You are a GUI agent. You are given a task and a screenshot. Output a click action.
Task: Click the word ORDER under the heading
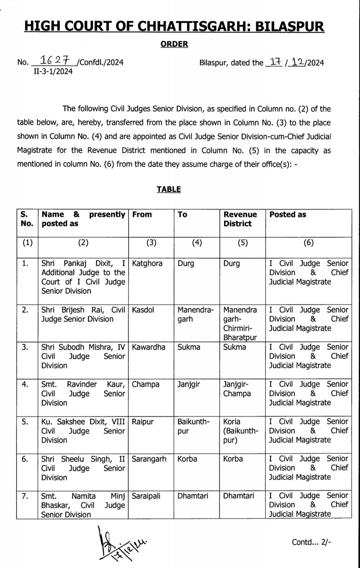(x=174, y=44)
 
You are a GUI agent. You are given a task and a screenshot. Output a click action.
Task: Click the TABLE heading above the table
(x=169, y=189)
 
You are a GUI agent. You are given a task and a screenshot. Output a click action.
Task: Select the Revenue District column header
(x=240, y=219)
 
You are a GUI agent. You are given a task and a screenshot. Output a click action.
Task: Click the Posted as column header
(x=288, y=215)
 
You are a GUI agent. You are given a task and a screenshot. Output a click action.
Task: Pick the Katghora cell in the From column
(x=147, y=264)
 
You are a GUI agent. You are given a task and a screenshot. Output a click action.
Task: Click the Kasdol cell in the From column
(x=143, y=310)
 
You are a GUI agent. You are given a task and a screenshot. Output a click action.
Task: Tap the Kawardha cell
(x=148, y=347)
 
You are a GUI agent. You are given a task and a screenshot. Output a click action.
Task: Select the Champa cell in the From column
(x=146, y=384)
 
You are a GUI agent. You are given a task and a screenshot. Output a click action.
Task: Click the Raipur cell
(x=143, y=422)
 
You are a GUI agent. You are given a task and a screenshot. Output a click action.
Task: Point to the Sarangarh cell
(x=149, y=459)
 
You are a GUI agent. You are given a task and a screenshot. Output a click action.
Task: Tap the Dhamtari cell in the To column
(x=193, y=496)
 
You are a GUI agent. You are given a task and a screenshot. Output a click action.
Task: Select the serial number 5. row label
(x=25, y=422)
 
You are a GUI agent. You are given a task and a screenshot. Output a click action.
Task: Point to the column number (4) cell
(x=197, y=243)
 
